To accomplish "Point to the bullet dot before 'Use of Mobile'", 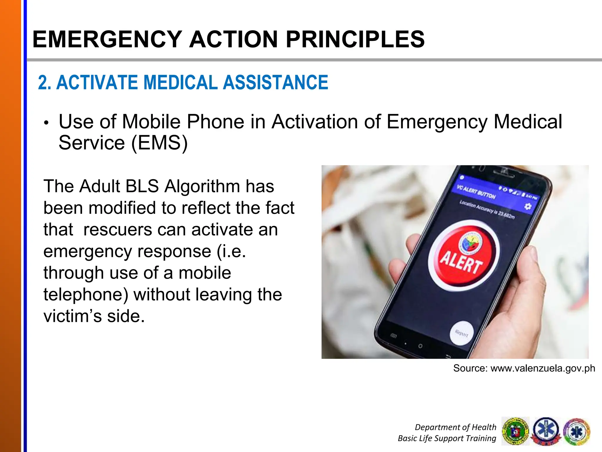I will coord(46,123).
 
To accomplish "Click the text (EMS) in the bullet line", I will coord(159,143).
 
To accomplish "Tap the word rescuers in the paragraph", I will coord(118,230).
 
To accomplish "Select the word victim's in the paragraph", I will coord(73,316).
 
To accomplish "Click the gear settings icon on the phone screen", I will coord(528,206).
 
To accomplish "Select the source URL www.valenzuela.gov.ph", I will coord(543,368).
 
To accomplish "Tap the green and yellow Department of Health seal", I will coord(515,431).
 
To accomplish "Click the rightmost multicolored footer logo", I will coord(577,431).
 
